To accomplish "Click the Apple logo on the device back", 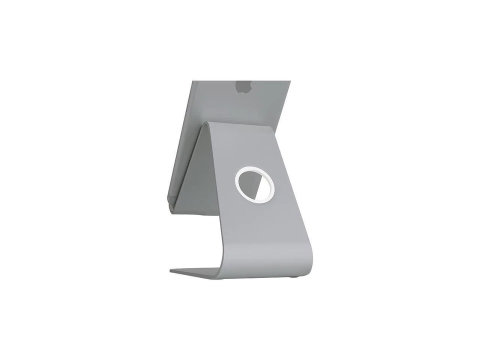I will (x=243, y=86).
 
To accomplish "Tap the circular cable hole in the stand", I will (x=254, y=185).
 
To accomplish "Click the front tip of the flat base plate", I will (x=173, y=271).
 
